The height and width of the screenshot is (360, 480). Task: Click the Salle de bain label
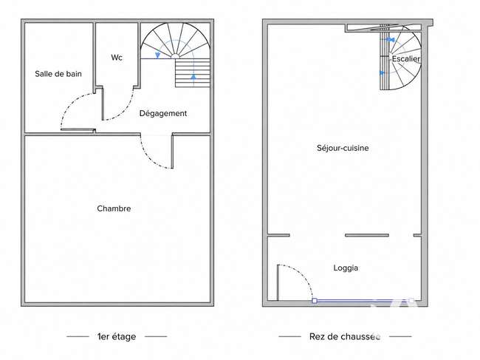click(58, 74)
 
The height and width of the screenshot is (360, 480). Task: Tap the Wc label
click(117, 58)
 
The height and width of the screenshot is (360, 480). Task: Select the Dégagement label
click(163, 113)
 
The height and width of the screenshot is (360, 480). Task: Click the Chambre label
click(114, 208)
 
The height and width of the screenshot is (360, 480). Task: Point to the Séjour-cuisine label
click(343, 149)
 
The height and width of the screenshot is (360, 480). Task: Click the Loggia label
click(346, 268)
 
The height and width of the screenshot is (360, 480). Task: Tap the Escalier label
click(406, 59)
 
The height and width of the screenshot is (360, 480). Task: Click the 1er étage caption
click(117, 337)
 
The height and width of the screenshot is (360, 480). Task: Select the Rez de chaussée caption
click(345, 337)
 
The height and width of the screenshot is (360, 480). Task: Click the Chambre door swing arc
click(149, 159)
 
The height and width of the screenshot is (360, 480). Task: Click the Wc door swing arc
click(126, 111)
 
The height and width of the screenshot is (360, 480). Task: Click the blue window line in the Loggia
click(363, 301)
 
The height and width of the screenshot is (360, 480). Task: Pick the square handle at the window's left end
click(315, 301)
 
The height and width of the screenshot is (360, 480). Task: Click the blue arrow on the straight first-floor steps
click(193, 76)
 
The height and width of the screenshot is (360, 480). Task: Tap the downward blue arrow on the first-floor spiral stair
click(157, 55)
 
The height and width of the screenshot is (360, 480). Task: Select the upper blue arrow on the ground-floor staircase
click(390, 40)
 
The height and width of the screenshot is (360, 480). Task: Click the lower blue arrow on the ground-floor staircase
click(382, 73)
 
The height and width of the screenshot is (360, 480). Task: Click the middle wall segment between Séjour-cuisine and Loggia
click(367, 235)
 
